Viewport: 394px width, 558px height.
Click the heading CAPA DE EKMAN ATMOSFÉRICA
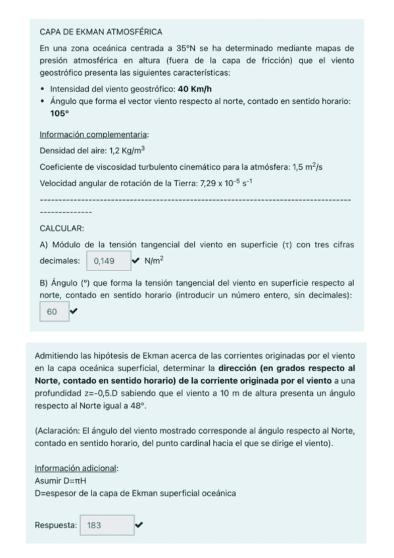tap(91, 32)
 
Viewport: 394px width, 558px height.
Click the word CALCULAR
tap(62, 228)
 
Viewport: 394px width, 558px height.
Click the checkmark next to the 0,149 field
tap(135, 260)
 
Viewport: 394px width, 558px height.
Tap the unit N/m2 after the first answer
tap(153, 260)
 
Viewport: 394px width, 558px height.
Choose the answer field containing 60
tap(53, 311)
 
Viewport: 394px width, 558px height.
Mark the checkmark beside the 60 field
tap(73, 311)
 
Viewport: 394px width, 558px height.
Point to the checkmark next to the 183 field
tap(137, 524)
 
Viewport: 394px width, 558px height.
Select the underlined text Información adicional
tap(74, 469)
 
